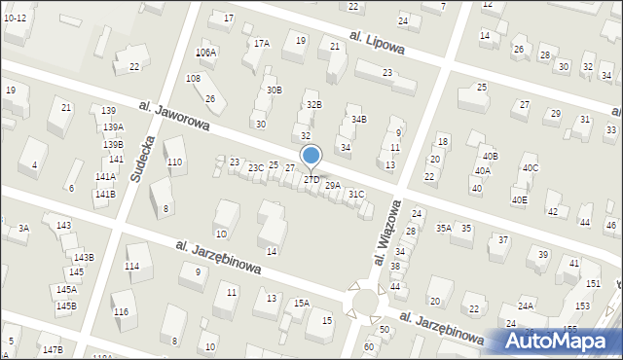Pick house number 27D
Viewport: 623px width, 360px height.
(x=311, y=180)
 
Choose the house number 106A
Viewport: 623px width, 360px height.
(x=205, y=53)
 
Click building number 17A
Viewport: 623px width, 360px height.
(x=261, y=44)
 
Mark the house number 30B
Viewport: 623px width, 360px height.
(x=274, y=90)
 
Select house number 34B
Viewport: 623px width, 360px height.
(x=359, y=119)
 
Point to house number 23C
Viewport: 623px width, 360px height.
(x=255, y=168)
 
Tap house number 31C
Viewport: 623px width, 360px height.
(x=356, y=195)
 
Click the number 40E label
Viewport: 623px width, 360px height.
(x=519, y=200)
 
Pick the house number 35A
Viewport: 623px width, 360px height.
(x=443, y=228)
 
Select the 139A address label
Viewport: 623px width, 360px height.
(x=113, y=127)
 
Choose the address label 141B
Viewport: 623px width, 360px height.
(x=105, y=195)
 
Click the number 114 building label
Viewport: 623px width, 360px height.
(x=131, y=266)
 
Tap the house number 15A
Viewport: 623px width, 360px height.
(x=302, y=304)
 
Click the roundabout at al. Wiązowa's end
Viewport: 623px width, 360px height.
(x=367, y=302)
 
